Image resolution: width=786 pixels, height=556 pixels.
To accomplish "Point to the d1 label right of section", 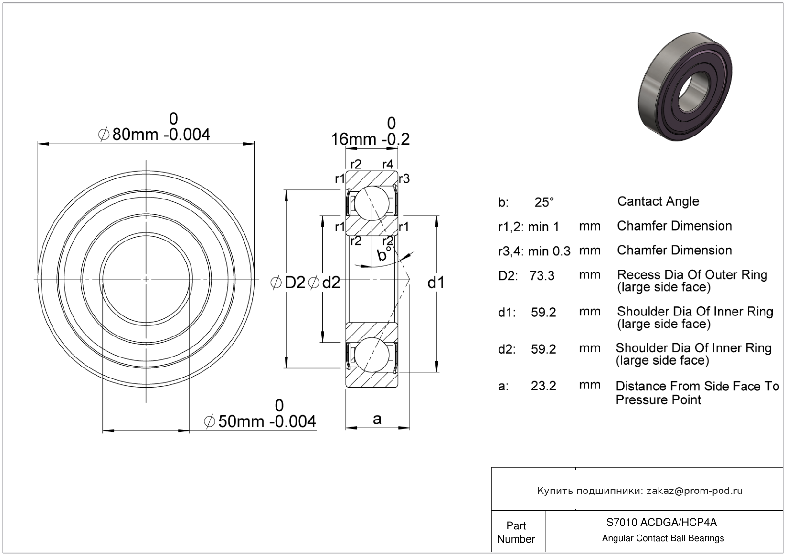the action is click(436, 283).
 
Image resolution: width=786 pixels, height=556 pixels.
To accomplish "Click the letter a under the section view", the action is click(377, 419).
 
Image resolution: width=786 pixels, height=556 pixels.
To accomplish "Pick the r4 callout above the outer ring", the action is click(388, 164).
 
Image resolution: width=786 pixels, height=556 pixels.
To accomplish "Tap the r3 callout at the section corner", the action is click(404, 179).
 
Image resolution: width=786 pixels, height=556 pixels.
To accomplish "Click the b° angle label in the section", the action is click(384, 254).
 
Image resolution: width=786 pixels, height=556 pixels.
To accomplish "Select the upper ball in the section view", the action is click(372, 203).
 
